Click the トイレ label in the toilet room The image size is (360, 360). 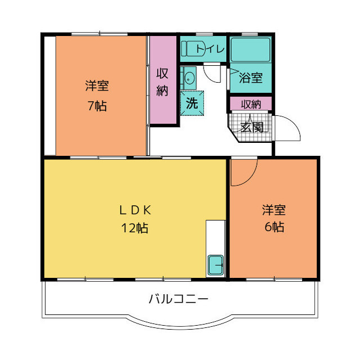tap(210, 49)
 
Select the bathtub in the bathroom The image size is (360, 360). tap(250, 50)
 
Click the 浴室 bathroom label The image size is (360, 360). tap(251, 78)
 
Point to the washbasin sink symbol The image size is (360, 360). tap(189, 78)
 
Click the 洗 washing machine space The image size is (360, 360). tap(192, 103)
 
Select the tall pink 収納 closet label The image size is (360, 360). tap(162, 82)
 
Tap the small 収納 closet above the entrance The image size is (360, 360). tap(251, 103)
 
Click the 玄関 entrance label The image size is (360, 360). tap(252, 127)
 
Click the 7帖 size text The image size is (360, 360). tap(97, 106)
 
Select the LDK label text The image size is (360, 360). tap(135, 210)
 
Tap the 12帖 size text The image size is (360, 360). tap(134, 228)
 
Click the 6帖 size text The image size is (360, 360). tap(274, 227)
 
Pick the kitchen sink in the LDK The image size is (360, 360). tap(215, 265)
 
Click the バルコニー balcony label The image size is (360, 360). tap(179, 299)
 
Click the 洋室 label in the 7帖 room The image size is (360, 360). tap(97, 85)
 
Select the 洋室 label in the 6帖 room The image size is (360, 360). tap(274, 210)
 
